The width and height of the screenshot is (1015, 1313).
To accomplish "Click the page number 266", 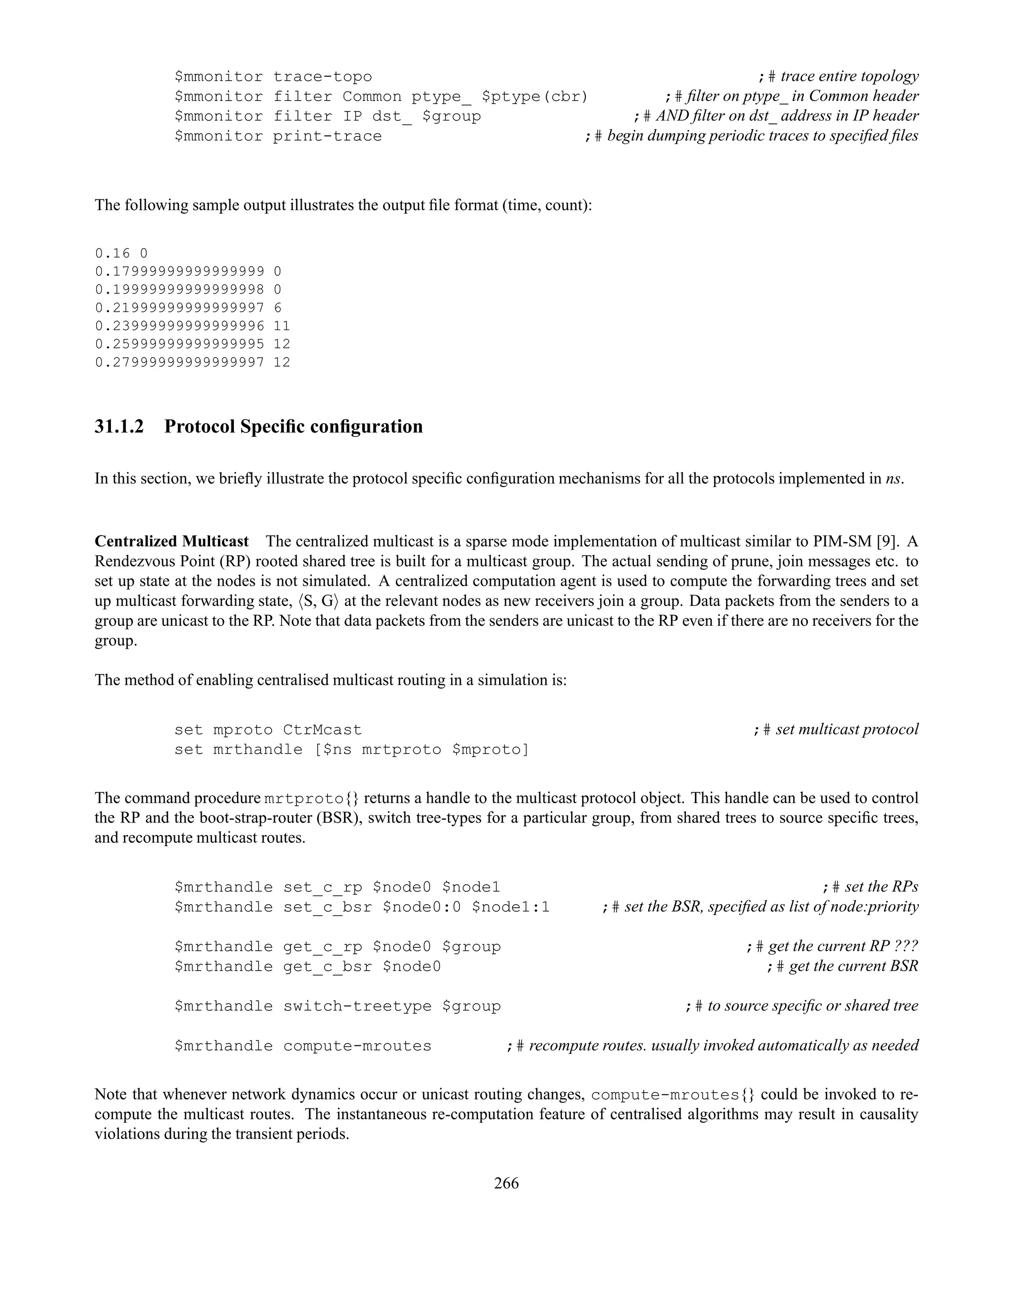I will (x=507, y=1183).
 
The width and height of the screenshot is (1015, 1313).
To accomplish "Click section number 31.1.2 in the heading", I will (x=119, y=427).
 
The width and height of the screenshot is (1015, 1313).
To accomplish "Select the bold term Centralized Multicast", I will (x=171, y=542).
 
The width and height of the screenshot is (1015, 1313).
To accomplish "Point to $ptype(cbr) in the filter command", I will (x=535, y=97).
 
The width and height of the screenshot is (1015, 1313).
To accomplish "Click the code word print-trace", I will (x=327, y=136).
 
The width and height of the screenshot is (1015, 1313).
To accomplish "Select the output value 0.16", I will (x=112, y=253).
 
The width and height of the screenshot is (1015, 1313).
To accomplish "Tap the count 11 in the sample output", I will (x=282, y=326).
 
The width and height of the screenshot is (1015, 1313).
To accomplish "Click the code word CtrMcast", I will (x=322, y=730).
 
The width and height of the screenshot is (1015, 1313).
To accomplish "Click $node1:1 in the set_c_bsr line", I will (x=510, y=907).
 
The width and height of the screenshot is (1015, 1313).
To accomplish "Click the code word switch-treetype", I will (x=357, y=1006).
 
